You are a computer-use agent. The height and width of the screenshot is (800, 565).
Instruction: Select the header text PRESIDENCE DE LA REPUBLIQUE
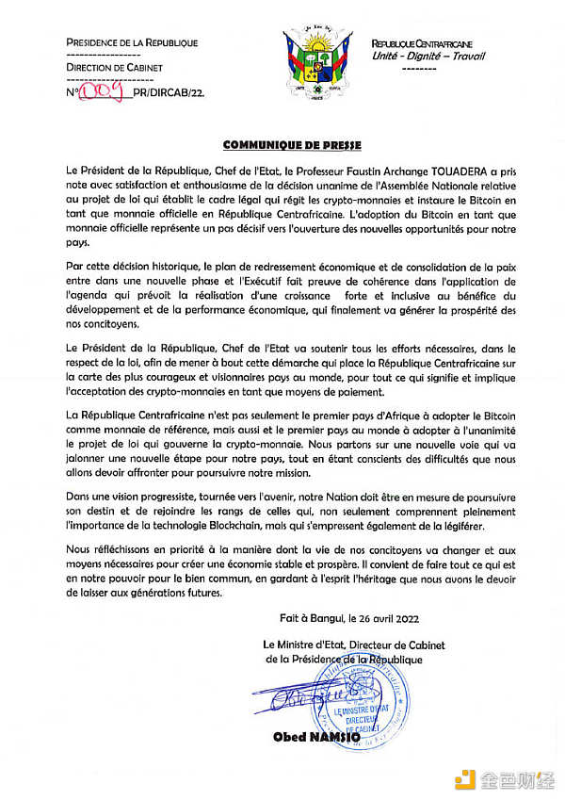[132, 42]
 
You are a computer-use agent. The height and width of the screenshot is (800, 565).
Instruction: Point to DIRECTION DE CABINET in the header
[114, 68]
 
